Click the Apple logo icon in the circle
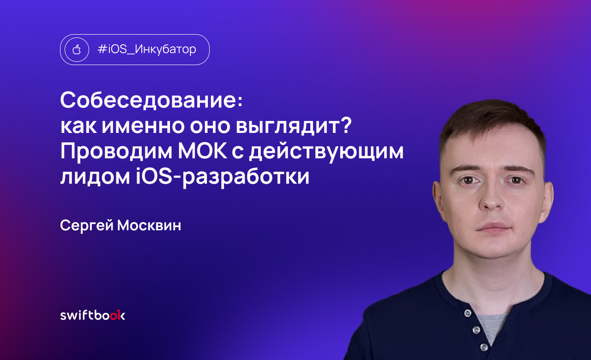click(77, 49)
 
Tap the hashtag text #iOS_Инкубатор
click(147, 49)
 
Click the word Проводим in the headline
click(116, 151)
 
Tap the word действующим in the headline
click(326, 152)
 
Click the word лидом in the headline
click(95, 177)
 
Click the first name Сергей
click(87, 226)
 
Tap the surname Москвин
click(149, 226)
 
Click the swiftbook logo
click(93, 315)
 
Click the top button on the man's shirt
click(468, 313)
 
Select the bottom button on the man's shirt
click(484, 347)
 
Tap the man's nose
click(492, 197)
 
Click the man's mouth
click(495, 228)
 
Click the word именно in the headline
click(143, 126)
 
